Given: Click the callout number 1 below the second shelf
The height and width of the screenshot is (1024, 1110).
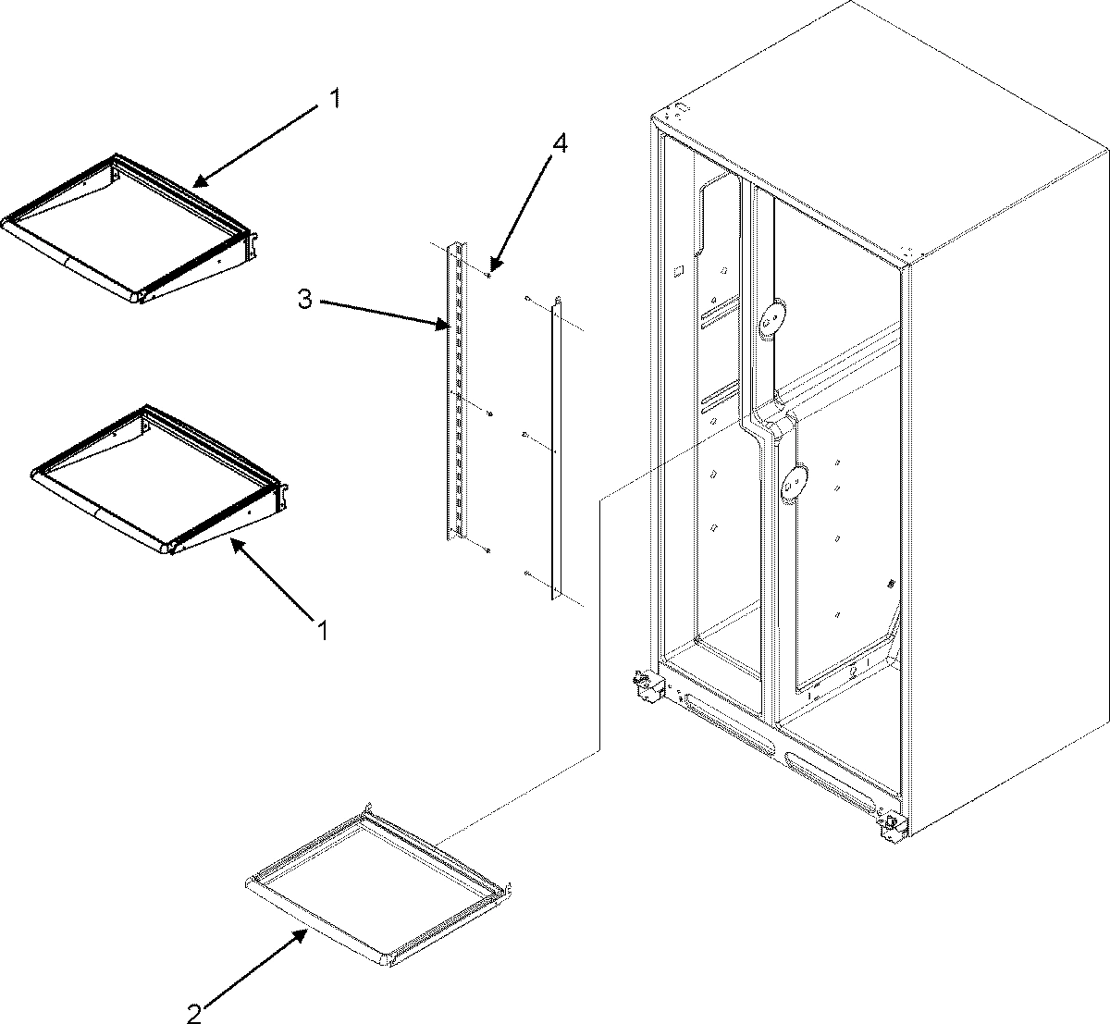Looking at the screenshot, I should [x=322, y=631].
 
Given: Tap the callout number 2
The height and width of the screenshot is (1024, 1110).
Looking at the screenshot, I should [x=193, y=1011].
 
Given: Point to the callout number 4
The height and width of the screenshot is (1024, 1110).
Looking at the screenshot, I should [x=559, y=145].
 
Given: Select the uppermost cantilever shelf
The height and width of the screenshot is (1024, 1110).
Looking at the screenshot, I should [x=129, y=227].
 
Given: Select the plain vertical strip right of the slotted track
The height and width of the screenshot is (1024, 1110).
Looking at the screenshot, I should [x=555, y=444].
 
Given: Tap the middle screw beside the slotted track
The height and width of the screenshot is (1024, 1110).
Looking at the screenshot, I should [x=490, y=413].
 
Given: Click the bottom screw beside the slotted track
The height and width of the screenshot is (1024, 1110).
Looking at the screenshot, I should [x=487, y=550].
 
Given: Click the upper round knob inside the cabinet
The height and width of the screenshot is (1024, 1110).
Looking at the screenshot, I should [x=769, y=320].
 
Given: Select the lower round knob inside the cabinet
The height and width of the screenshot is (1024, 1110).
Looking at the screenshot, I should [x=792, y=481].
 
